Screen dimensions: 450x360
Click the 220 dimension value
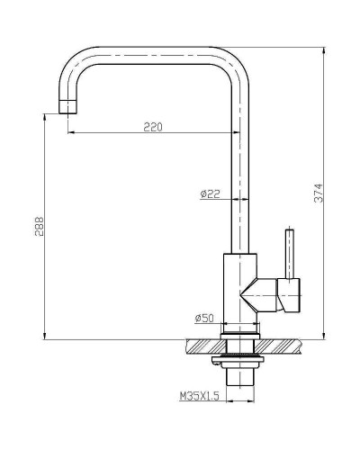[x=152, y=127]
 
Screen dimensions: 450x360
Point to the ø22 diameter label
[x=210, y=193]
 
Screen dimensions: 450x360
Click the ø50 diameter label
[x=203, y=318]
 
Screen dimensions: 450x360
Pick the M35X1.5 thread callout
[x=201, y=395]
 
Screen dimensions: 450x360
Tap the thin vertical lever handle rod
[x=290, y=254]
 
